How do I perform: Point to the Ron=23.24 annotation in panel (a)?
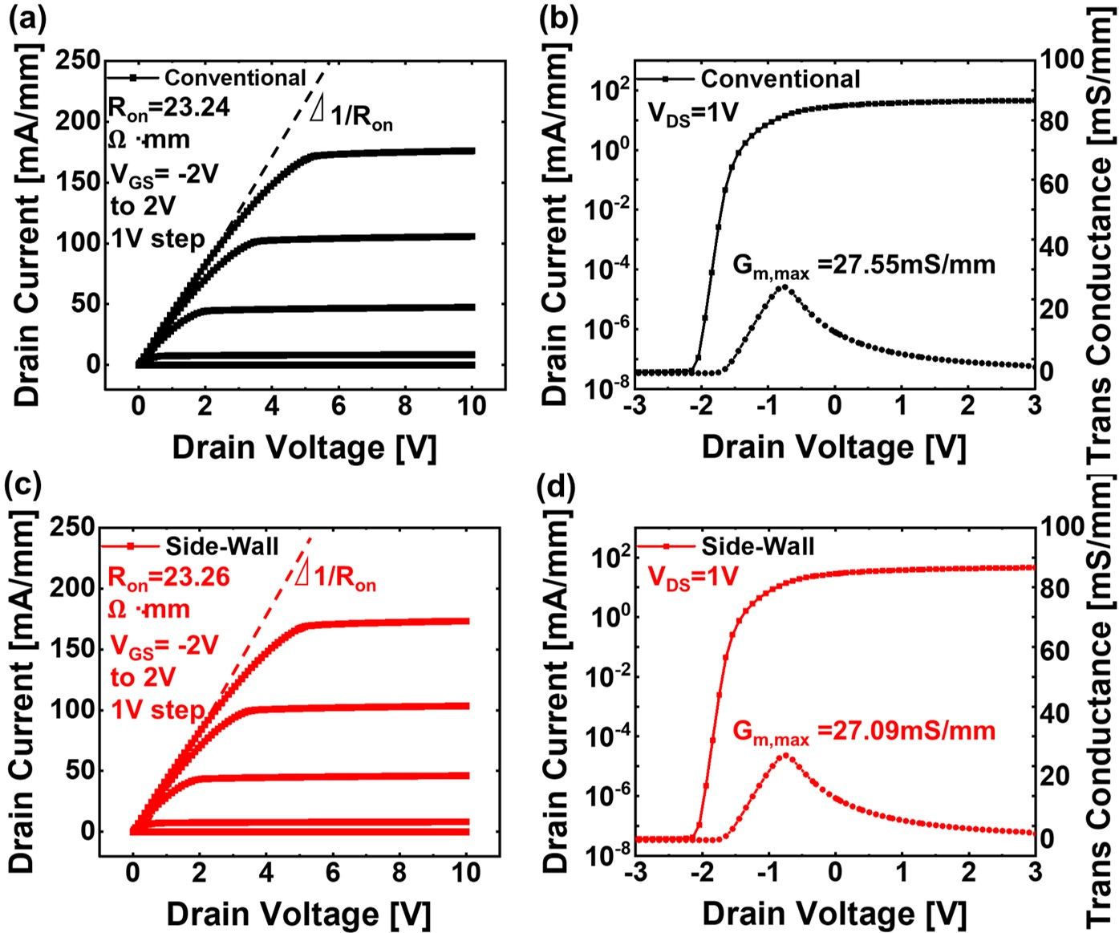click(x=169, y=107)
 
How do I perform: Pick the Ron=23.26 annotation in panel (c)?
click(x=169, y=578)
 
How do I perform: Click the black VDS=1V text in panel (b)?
click(x=693, y=114)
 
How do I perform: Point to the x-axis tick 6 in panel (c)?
click(x=332, y=872)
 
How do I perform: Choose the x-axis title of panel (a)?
click(x=304, y=448)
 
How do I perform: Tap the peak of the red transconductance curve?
click(x=785, y=755)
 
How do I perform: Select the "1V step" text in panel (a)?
click(x=158, y=239)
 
